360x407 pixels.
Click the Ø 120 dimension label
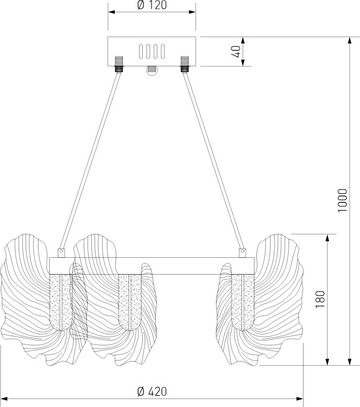152,5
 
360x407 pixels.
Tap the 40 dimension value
236,52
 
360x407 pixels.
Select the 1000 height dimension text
343,200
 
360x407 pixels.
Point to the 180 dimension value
320,300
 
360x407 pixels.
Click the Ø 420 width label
152,391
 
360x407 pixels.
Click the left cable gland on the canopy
119,64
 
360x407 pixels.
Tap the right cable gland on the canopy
185,64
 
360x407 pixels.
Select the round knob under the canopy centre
151,70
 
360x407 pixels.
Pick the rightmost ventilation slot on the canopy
163,52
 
